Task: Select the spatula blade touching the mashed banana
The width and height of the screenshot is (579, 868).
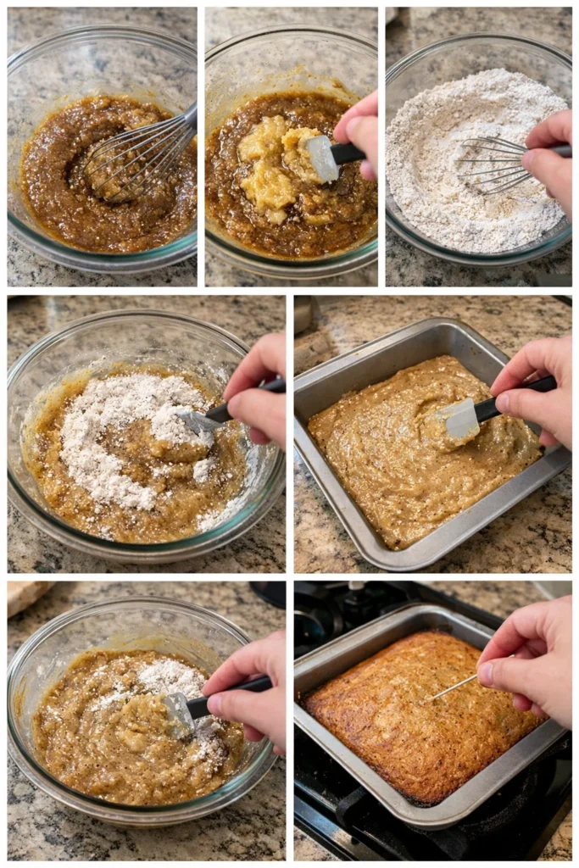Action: [320, 158]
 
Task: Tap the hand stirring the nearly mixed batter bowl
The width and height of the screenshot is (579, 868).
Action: [246, 687]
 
